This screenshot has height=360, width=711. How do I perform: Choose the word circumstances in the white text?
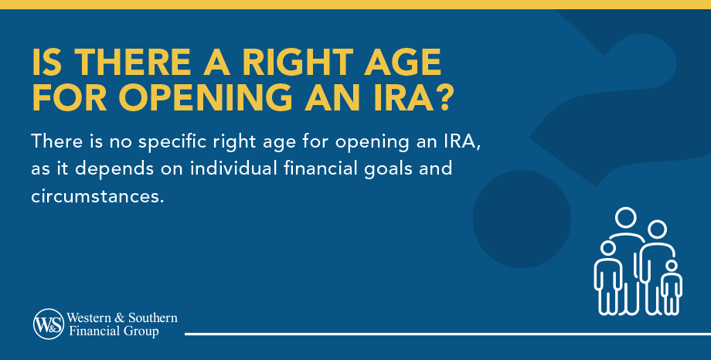click(x=98, y=196)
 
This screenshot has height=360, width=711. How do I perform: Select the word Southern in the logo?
click(x=153, y=318)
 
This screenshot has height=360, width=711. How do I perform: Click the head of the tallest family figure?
click(x=625, y=218)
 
